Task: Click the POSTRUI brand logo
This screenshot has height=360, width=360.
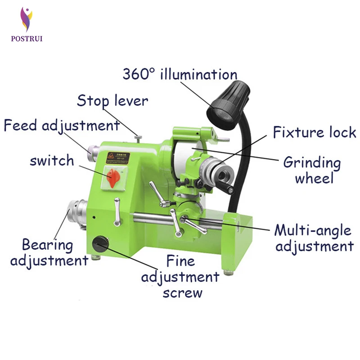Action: pos(27,25)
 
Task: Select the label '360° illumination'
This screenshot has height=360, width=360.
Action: pos(180,74)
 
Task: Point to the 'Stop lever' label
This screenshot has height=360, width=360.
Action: pos(112,101)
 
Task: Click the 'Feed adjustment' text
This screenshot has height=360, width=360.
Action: pos(62,125)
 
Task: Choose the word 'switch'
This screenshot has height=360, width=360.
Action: pos(52,161)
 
